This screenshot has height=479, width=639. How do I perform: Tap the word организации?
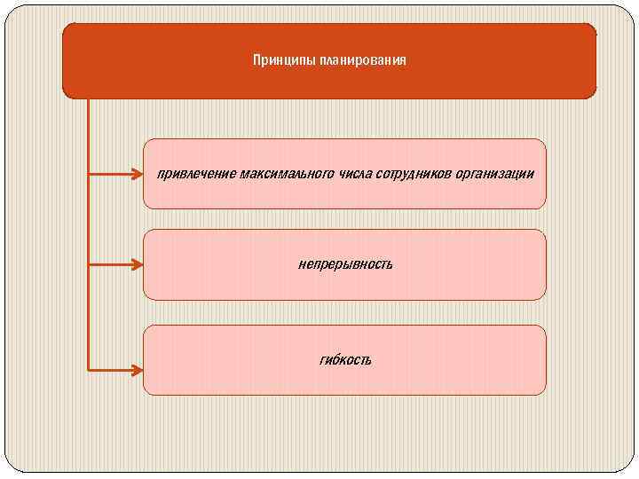point(499,174)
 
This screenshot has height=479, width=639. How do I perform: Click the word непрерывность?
point(344,264)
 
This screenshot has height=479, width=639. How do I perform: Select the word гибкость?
point(344,360)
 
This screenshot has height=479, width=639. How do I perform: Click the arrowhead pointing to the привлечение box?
point(136,175)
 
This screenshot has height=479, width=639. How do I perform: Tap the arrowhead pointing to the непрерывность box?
point(136,264)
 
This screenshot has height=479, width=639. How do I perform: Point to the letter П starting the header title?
point(257,60)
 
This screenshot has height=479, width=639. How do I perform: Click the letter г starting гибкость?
point(320,360)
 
